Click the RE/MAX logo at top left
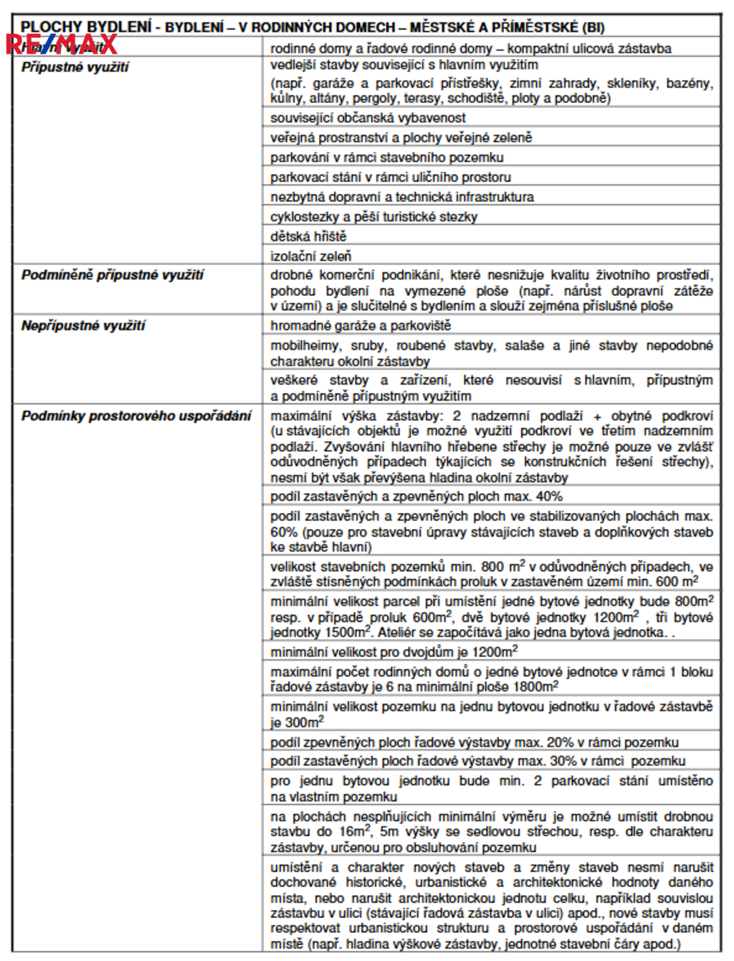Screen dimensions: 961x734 [61, 44]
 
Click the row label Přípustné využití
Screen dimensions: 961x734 [75, 67]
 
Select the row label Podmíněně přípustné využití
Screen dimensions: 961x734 [113, 274]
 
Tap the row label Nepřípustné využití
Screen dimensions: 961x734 [83, 325]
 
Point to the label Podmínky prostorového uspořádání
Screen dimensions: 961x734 [136, 416]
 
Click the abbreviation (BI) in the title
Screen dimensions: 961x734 [594, 28]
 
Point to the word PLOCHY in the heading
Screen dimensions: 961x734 [50, 27]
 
